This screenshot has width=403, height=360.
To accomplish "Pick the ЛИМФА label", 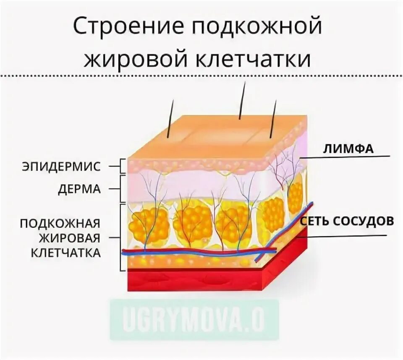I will pyautogui.click(x=348, y=148).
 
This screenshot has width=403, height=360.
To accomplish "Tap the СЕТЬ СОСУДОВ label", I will pyautogui.click(x=346, y=221).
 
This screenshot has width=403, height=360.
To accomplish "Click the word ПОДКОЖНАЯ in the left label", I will pyautogui.click(x=60, y=223).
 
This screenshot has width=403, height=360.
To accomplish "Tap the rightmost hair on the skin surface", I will pyautogui.click(x=274, y=119).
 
